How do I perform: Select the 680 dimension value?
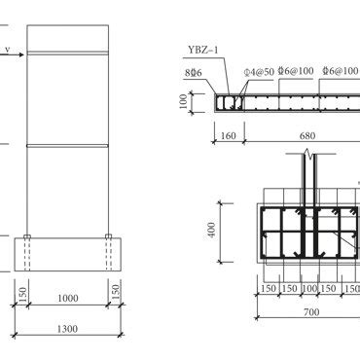click(x=306, y=137)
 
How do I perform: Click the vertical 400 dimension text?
click(x=211, y=233)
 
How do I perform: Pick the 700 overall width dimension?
click(x=308, y=312)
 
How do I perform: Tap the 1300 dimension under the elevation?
click(x=66, y=330)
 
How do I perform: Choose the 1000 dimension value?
click(x=66, y=298)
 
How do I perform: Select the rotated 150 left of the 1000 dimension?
click(x=21, y=292)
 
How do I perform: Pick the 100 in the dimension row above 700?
click(x=308, y=289)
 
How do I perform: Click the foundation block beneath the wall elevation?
click(x=66, y=255)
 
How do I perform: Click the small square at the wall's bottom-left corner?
click(x=28, y=237)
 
